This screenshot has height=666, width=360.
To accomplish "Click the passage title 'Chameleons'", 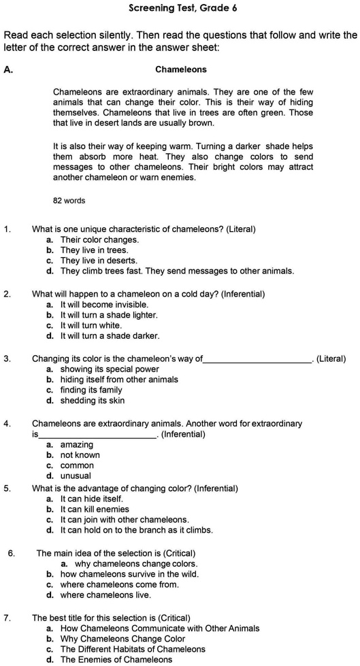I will click(181, 69).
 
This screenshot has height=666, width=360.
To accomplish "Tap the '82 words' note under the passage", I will click(69, 201).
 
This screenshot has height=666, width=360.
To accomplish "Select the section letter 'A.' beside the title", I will click(8, 69).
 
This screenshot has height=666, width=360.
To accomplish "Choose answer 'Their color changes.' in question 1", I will click(99, 239).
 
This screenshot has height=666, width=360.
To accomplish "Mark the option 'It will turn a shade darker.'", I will click(110, 335).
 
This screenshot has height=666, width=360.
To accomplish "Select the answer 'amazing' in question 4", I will click(77, 445).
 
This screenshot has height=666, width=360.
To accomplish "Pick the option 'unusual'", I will click(76, 476).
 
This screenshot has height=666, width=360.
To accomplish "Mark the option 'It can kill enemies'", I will click(95, 509).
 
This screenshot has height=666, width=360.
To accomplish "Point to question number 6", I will click(11, 553).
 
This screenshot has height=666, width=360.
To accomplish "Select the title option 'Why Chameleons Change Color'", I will click(122, 639).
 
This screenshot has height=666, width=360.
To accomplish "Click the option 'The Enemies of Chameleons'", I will click(116, 659).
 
